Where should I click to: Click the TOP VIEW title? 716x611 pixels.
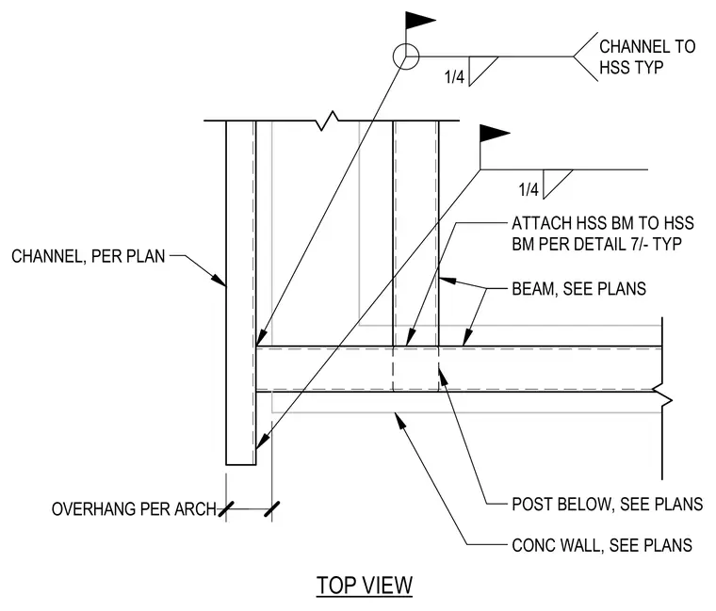click(365, 586)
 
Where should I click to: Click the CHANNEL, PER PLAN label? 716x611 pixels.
click(89, 256)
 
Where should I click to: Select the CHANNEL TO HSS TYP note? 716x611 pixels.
click(647, 57)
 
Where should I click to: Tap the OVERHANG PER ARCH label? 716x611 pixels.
click(134, 509)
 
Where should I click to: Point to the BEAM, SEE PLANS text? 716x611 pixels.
click(579, 289)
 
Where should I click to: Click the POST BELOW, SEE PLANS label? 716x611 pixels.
click(608, 505)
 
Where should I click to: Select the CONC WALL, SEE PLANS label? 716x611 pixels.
click(602, 545)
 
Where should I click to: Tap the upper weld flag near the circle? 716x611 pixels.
click(420, 21)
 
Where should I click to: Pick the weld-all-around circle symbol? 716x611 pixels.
click(405, 56)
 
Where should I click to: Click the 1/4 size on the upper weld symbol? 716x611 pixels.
click(454, 76)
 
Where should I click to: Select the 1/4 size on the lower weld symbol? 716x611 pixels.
click(529, 189)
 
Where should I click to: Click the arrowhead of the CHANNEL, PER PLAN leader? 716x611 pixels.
click(219, 280)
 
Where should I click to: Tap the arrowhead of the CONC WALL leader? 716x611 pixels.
click(400, 420)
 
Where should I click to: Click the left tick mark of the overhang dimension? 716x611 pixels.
click(226, 509)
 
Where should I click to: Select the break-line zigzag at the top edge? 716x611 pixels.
click(328, 121)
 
